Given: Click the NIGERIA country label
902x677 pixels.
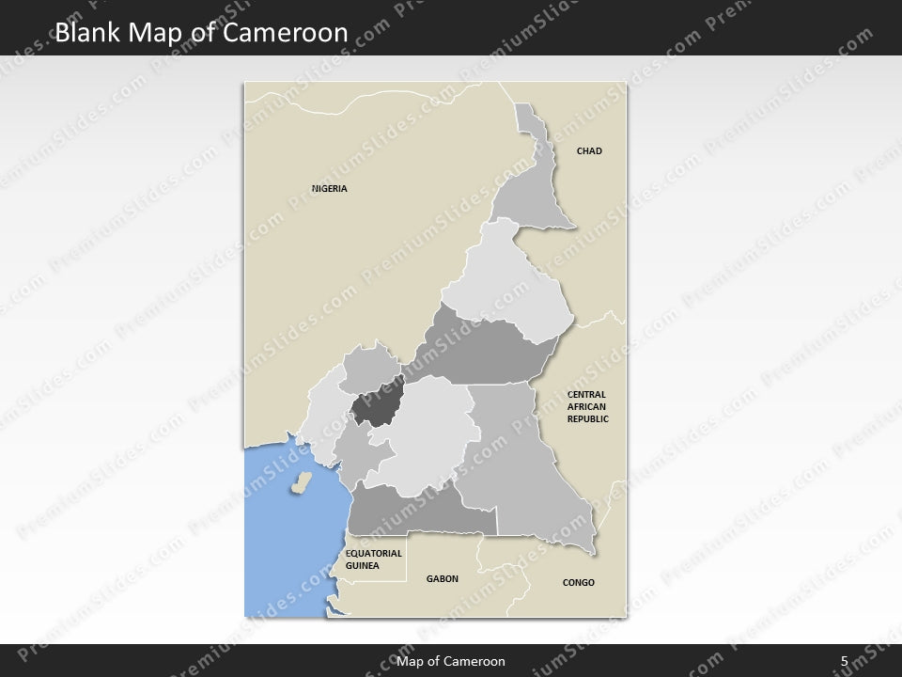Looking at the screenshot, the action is (x=330, y=189).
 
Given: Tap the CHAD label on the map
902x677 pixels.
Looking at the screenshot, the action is (x=589, y=151).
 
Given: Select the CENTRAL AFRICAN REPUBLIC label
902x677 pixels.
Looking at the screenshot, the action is (x=588, y=406).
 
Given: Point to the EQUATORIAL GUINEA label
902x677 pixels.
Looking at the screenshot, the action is (x=374, y=559).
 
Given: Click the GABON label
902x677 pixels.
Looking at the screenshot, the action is (x=443, y=579).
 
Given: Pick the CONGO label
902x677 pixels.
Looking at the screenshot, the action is (x=579, y=583).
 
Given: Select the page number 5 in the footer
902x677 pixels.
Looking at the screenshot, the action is (x=845, y=661).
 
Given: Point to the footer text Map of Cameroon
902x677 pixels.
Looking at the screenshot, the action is (x=451, y=661).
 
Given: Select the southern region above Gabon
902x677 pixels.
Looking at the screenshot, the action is (x=413, y=512).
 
